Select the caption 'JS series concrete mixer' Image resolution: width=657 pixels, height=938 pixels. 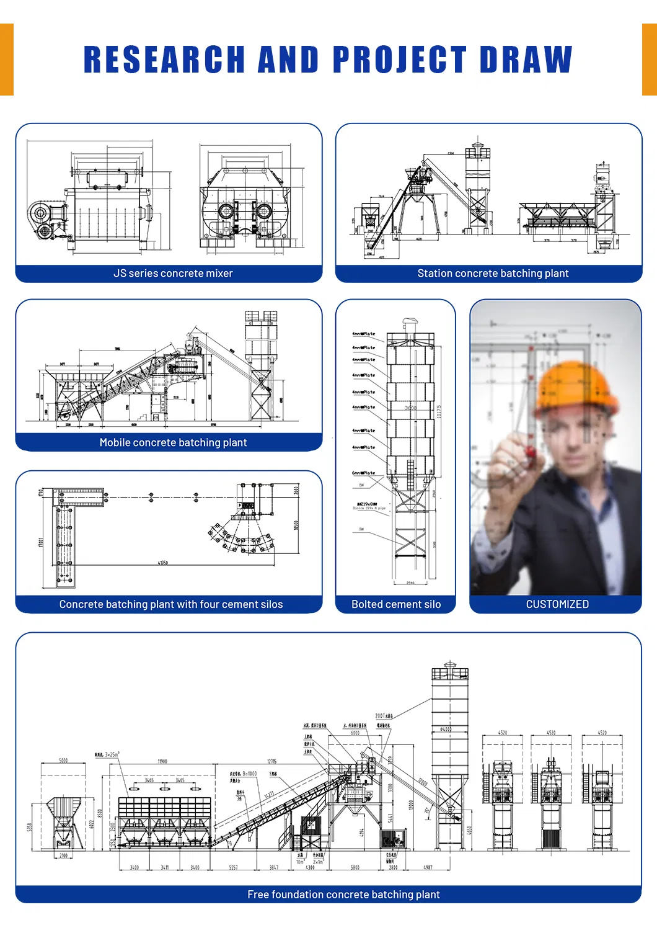coord(173,274)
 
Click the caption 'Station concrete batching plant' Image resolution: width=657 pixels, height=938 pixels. coord(493,274)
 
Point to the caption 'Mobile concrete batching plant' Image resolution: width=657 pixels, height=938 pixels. coord(173,442)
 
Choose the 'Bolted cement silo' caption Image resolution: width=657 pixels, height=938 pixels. coord(396,604)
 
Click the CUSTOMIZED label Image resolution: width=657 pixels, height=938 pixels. coord(557,604)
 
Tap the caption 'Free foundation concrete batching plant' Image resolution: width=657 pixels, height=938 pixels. coord(343,895)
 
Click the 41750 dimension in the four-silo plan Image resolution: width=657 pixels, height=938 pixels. coord(162,563)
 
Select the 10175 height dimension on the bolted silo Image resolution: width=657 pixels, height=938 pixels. coord(439,412)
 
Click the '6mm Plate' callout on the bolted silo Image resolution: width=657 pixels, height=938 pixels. coord(364,473)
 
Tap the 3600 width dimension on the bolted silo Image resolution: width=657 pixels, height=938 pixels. coord(410,408)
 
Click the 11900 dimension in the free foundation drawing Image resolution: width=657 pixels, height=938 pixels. coord(162,761)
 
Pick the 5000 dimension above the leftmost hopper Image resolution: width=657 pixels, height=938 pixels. coord(63,761)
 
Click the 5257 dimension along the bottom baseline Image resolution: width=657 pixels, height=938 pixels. coord(233,867)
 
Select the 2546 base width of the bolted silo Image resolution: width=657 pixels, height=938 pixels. coord(410,583)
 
